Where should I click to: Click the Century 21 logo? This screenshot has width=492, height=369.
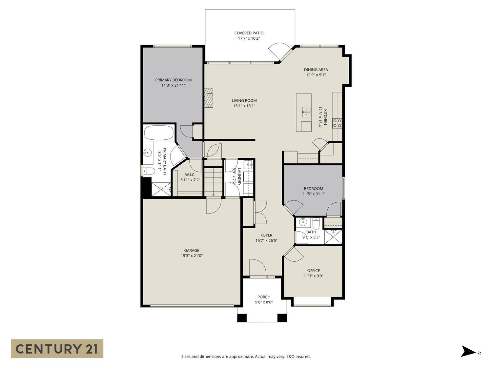pos(57,348)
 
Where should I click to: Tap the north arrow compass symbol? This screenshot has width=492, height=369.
pos(468,351)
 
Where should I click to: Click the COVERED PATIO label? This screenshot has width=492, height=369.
pos(249,33)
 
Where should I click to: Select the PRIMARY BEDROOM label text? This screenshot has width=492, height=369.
pos(173,80)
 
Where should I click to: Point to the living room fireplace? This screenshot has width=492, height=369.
pos(209,98)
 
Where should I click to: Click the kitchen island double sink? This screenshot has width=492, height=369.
pos(306,112)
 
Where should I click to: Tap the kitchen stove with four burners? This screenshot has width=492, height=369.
pos(337,123)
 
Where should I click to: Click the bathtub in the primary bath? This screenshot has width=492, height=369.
pos(159,133)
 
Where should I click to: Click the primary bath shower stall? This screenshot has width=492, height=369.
pos(161,190)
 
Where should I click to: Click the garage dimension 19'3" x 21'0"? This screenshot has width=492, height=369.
pos(192,256)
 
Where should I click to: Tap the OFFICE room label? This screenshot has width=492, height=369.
pos(313,271)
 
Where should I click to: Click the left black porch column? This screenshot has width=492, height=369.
pos(242,318)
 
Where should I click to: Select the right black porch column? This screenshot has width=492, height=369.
pos(282,318)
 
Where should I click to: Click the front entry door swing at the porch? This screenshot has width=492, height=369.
pos(257,268)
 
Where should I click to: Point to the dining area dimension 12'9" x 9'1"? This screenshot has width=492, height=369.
pos(316,75)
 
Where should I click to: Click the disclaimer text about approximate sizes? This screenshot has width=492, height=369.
pos(246,357)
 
